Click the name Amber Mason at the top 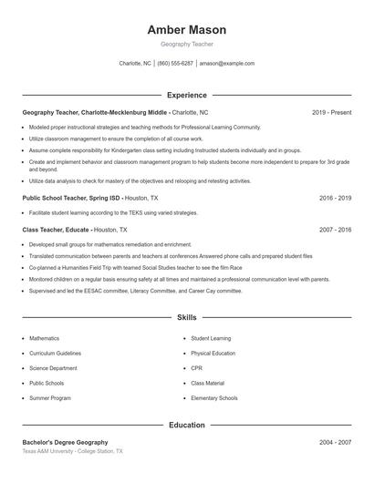pyautogui.click(x=187, y=30)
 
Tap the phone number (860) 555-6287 pyautogui.click(x=175, y=64)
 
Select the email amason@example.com pyautogui.click(x=227, y=64)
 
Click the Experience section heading pyautogui.click(x=187, y=95)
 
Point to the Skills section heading pyautogui.click(x=187, y=318)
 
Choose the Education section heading pyautogui.click(x=187, y=425)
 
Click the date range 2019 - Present pyautogui.click(x=331, y=112)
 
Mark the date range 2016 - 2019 pyautogui.click(x=335, y=198)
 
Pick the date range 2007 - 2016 pyautogui.click(x=335, y=231)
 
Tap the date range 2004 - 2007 pyautogui.click(x=335, y=442)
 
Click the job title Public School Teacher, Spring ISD pyautogui.click(x=71, y=198)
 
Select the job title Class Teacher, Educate pyautogui.click(x=57, y=231)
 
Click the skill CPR pyautogui.click(x=196, y=368)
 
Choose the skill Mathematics pyautogui.click(x=44, y=338)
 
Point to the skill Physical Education pyautogui.click(x=213, y=354)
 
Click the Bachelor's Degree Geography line pyautogui.click(x=65, y=442)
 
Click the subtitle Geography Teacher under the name pyautogui.click(x=187, y=44)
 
